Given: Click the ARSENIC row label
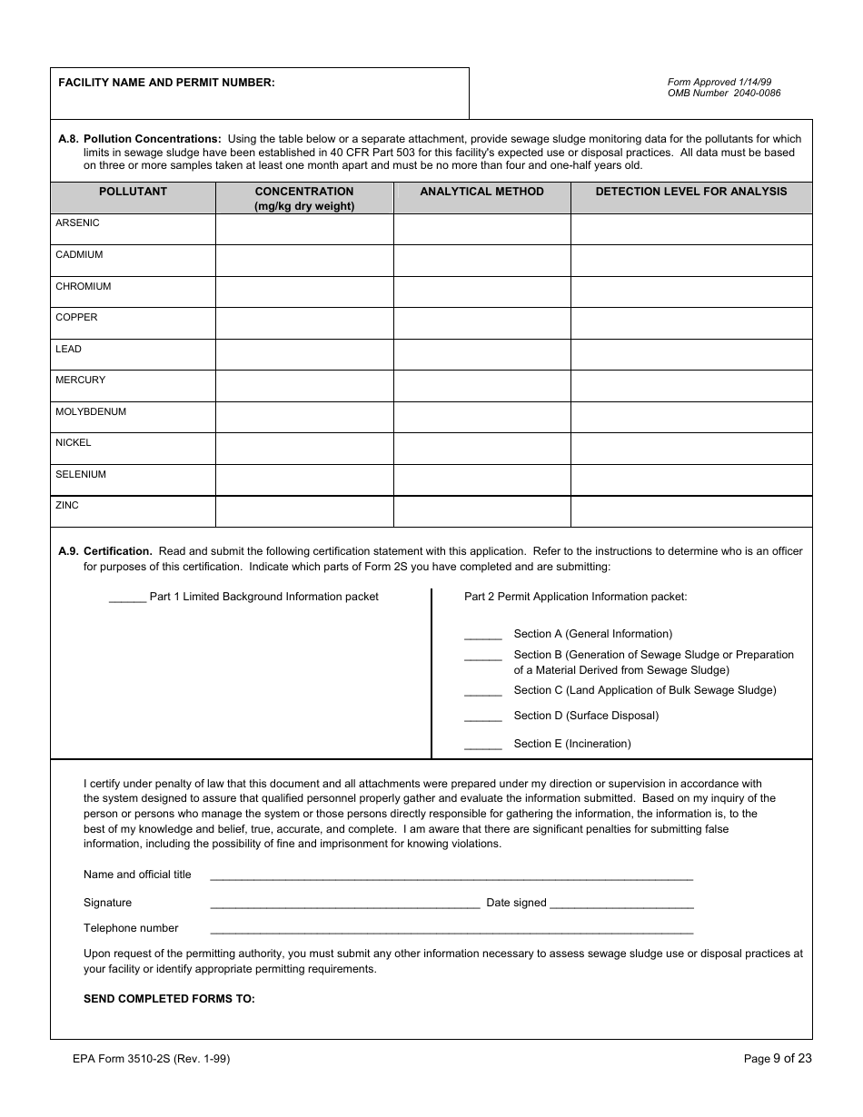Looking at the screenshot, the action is (x=78, y=223).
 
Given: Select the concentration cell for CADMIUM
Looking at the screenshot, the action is (x=304, y=261).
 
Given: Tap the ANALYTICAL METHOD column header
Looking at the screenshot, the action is (x=481, y=192).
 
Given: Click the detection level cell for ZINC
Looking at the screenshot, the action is (x=691, y=511).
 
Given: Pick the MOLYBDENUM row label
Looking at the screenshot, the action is (x=91, y=412).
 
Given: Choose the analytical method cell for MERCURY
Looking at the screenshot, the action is (x=481, y=386).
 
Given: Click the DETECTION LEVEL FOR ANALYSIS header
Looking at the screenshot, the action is (x=691, y=192).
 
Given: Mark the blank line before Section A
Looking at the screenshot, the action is (x=482, y=636).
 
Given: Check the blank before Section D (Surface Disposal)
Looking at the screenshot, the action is (x=482, y=717).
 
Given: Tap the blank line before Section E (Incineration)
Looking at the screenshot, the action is (x=482, y=746).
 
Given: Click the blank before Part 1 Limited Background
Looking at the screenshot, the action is (x=127, y=598).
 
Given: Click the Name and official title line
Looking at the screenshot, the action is (x=451, y=876).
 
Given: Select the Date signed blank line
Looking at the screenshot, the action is (x=621, y=904).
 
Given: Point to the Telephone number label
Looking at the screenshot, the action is (x=131, y=928).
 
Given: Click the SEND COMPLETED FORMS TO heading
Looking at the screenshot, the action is (x=169, y=998).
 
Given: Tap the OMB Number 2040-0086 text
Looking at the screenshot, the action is (x=724, y=94).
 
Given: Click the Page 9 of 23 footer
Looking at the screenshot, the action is (x=778, y=1058).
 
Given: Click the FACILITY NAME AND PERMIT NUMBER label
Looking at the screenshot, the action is (x=166, y=83).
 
